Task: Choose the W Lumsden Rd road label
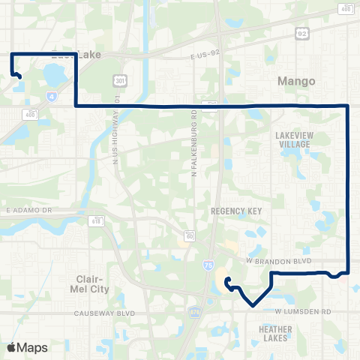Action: pos(302,310)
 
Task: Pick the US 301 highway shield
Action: pos(120,80)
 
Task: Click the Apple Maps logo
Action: pos(27,347)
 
